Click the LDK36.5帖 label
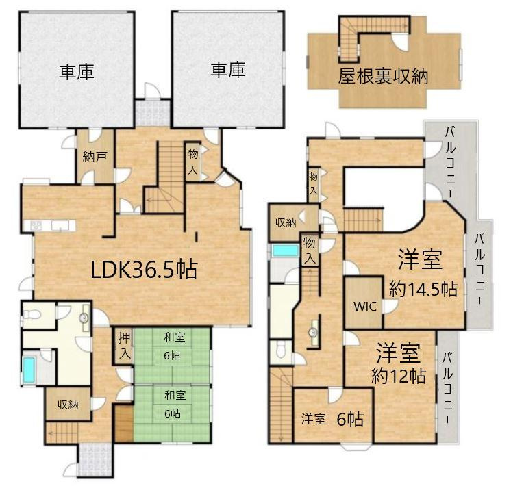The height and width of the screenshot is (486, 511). pyautogui.click(x=144, y=270)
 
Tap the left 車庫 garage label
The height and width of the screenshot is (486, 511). pyautogui.click(x=77, y=71)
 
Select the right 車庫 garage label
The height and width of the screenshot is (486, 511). pyautogui.click(x=228, y=70)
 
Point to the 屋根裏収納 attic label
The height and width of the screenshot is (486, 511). pyautogui.click(x=383, y=77)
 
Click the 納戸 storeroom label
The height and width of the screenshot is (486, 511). pyautogui.click(x=95, y=157)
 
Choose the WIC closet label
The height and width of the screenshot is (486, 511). pyautogui.click(x=365, y=306)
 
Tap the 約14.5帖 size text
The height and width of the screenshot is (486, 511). pyautogui.click(x=423, y=289)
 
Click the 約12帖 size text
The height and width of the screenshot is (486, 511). pyautogui.click(x=399, y=376)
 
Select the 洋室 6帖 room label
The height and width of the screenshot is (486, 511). pyautogui.click(x=332, y=419)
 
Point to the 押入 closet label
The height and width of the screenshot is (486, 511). pyautogui.click(x=124, y=346)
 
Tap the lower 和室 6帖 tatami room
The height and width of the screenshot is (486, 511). pyautogui.click(x=172, y=413)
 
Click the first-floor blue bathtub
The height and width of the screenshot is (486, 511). pyautogui.click(x=29, y=370)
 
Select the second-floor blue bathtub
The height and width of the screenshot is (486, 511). pyautogui.click(x=286, y=251)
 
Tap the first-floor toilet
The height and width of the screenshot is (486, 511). pyautogui.click(x=32, y=315)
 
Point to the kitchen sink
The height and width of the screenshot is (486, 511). pyautogui.click(x=60, y=225)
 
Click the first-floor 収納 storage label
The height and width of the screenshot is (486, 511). pyautogui.click(x=68, y=405)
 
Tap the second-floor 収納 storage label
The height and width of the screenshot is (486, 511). pyautogui.click(x=286, y=223)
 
